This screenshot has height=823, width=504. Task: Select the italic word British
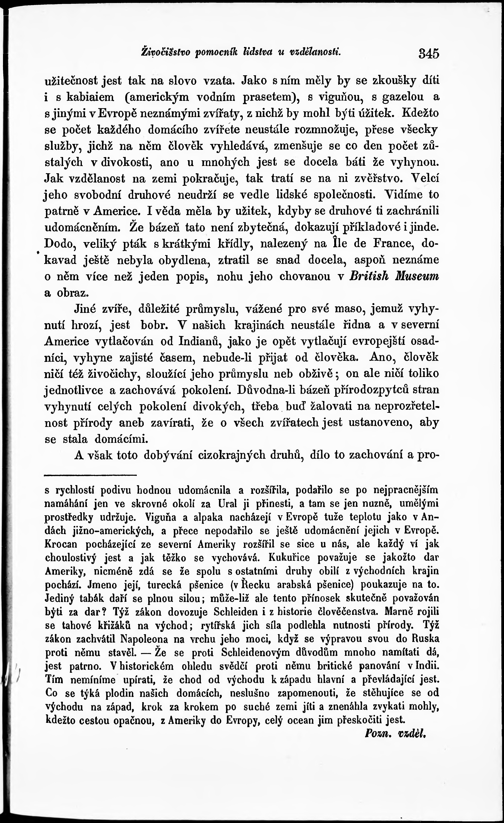(x=369, y=276)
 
